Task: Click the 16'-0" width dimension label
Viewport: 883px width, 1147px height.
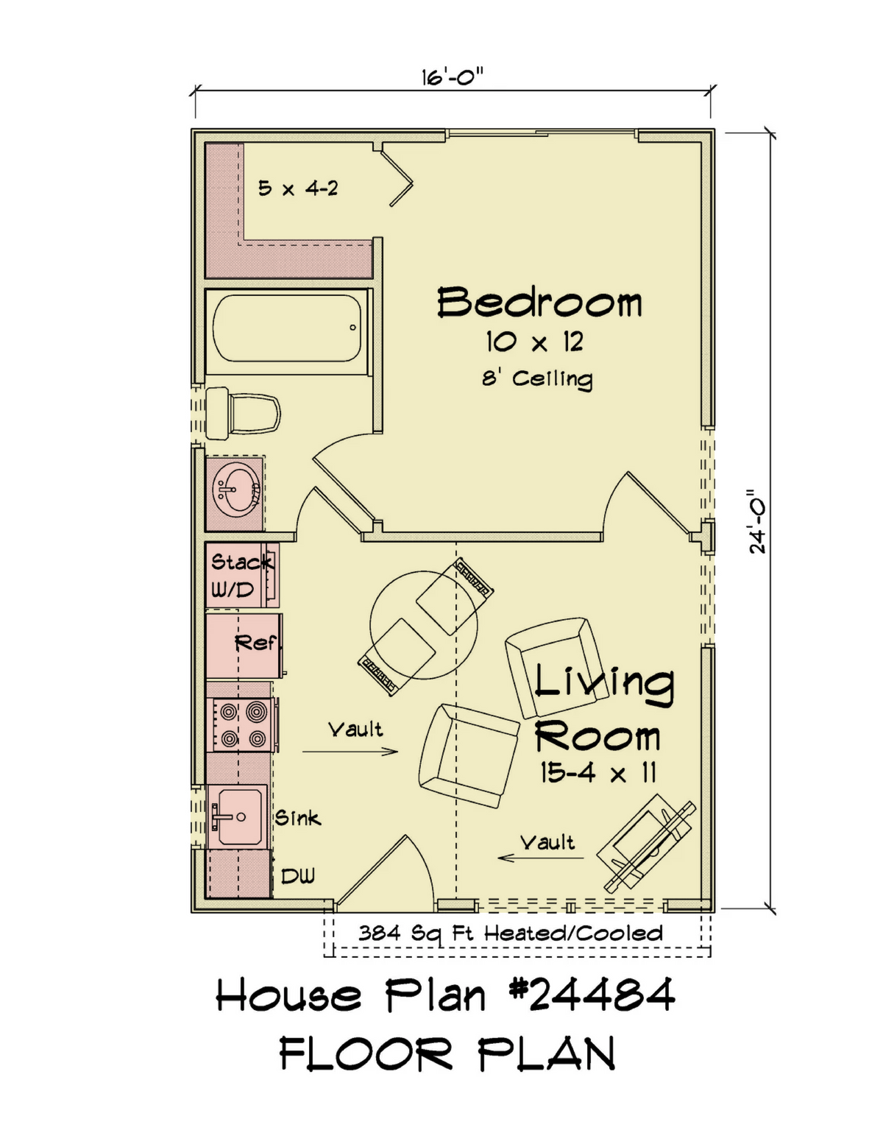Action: click(x=452, y=77)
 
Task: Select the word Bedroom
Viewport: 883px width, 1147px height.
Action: click(x=539, y=302)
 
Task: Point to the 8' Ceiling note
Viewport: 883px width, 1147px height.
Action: click(x=537, y=379)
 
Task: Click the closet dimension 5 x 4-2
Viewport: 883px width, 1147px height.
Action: click(x=298, y=188)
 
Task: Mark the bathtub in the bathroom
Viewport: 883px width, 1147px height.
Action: click(x=288, y=328)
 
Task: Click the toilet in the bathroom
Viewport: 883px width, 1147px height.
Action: click(x=243, y=413)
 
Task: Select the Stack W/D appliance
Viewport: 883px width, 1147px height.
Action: click(x=241, y=575)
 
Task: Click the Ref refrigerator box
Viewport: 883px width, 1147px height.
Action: click(x=244, y=646)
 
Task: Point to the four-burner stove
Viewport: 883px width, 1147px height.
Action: click(x=242, y=724)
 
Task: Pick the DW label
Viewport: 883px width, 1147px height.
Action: click(x=298, y=876)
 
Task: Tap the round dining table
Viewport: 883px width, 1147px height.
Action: click(x=424, y=625)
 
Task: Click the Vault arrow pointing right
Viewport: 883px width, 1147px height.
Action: click(x=350, y=751)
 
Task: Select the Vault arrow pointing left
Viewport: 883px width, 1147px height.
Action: click(x=541, y=858)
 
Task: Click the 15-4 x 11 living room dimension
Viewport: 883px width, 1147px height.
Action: click(x=598, y=774)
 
